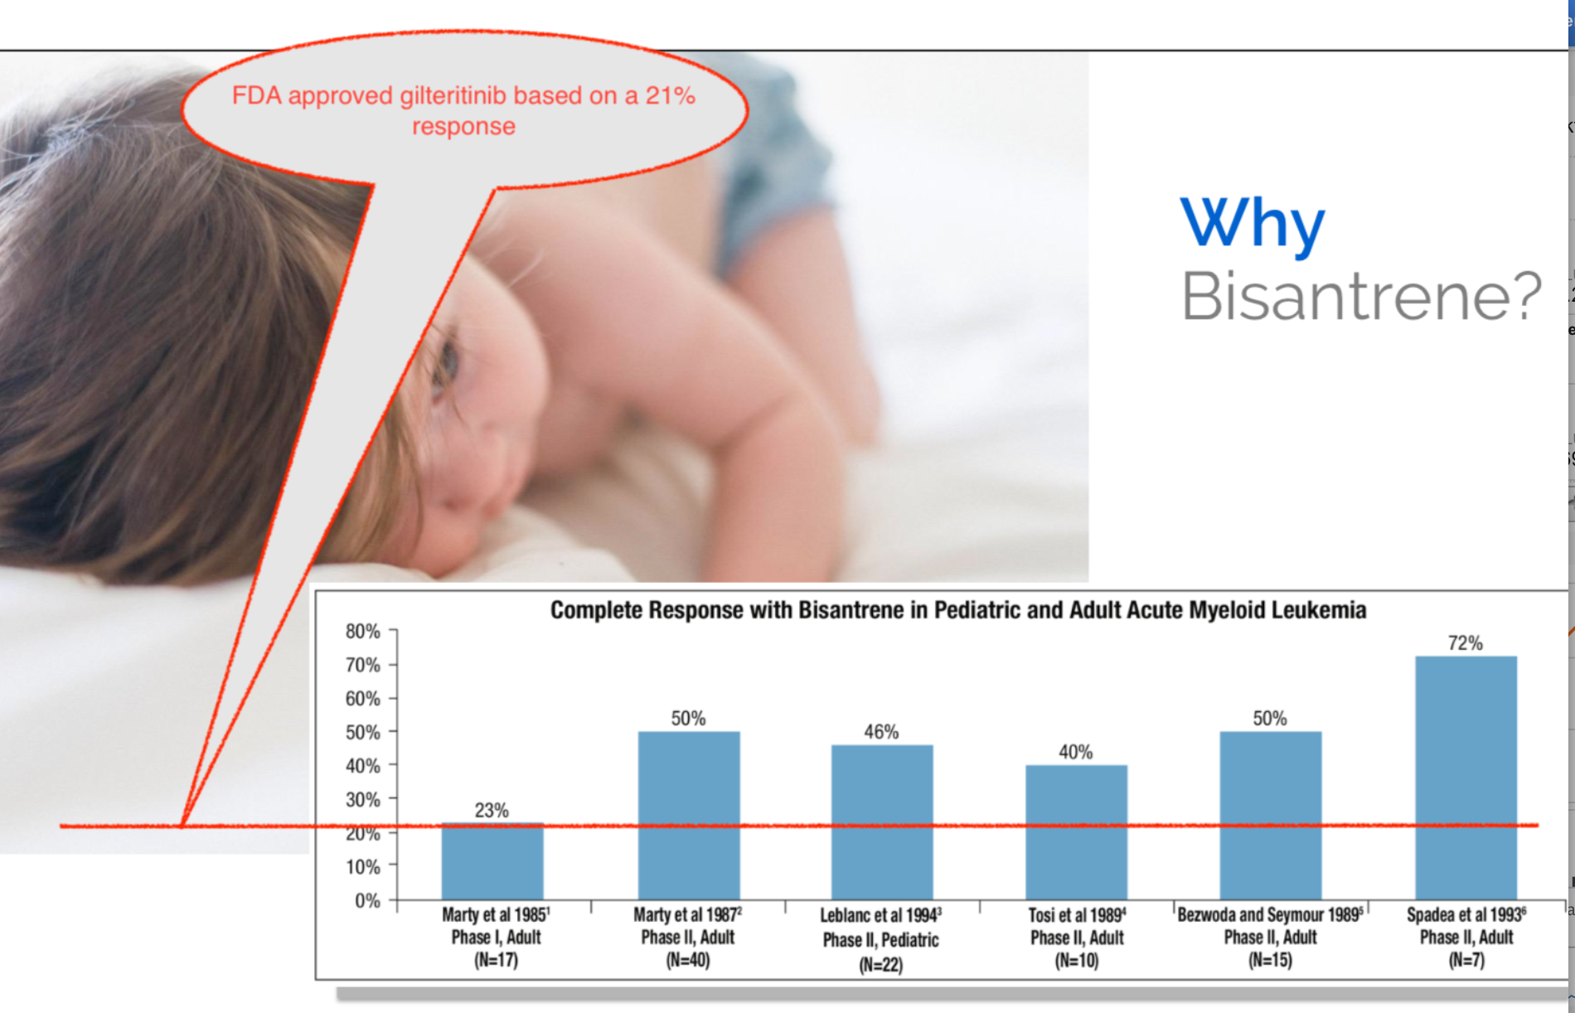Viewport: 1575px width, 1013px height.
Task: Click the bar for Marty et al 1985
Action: coord(492,861)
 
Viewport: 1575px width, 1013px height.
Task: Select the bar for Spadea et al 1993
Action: coord(1466,778)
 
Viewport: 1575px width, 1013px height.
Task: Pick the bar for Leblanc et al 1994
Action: coord(882,822)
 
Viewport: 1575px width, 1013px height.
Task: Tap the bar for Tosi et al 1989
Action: coord(1076,832)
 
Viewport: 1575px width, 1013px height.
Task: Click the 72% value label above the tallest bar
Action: coord(1465,642)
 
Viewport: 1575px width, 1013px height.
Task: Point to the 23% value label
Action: coord(492,810)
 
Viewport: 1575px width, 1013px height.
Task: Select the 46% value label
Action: coord(881,731)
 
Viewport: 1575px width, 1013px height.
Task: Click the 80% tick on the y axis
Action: coord(363,632)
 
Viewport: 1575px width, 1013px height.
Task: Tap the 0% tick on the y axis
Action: coord(367,900)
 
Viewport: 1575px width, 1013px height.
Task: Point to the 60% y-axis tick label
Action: coord(363,699)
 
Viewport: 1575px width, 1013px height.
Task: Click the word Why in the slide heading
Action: coord(1253,224)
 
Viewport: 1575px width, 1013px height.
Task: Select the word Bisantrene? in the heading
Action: coord(1361,296)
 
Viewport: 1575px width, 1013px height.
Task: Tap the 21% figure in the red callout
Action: coord(670,95)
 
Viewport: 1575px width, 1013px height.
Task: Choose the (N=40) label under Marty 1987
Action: coord(688,960)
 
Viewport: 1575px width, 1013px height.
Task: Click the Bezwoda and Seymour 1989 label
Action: coord(1269,914)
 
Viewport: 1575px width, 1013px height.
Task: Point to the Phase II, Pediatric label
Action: coord(880,940)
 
